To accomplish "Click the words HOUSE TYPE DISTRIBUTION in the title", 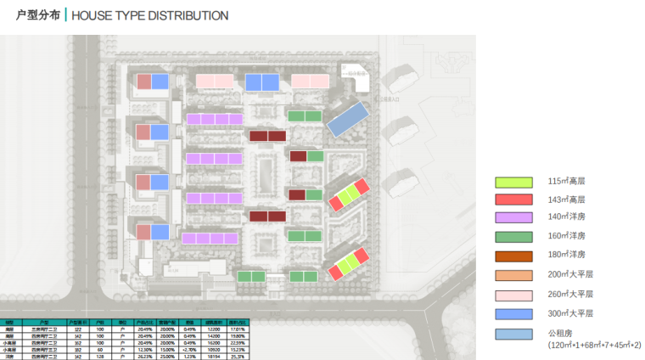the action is click(x=150, y=15).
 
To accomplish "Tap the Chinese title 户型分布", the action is click(x=37, y=15).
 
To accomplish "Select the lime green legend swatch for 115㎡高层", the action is click(x=514, y=182).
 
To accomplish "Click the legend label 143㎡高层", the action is click(x=567, y=200).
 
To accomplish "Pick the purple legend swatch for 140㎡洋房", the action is click(x=514, y=218).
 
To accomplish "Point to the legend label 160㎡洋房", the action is click(x=567, y=236).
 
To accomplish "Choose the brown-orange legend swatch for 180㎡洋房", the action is click(x=514, y=255).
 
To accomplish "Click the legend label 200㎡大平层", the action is click(x=570, y=274).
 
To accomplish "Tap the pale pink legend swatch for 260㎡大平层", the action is click(x=514, y=295).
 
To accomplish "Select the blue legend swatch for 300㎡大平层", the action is click(x=514, y=314).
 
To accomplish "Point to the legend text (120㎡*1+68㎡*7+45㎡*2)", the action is click(x=594, y=346).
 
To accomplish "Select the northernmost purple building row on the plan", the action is click(x=215, y=120).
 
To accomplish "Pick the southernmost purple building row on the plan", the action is click(x=210, y=239).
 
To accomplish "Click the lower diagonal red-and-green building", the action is click(x=350, y=263).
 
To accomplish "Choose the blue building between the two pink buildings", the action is click(x=262, y=82).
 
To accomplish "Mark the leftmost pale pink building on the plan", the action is click(x=215, y=82).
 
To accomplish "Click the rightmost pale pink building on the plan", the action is click(x=310, y=82).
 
